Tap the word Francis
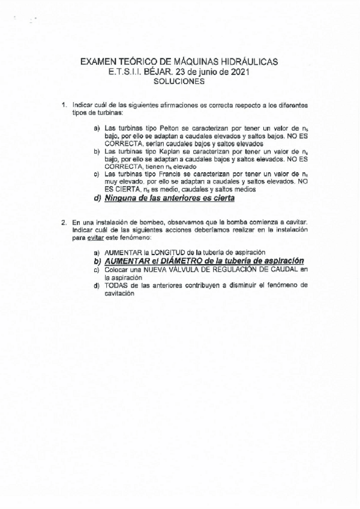(x=170, y=174)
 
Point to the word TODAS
(x=115, y=285)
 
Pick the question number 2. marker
(x=65, y=222)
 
